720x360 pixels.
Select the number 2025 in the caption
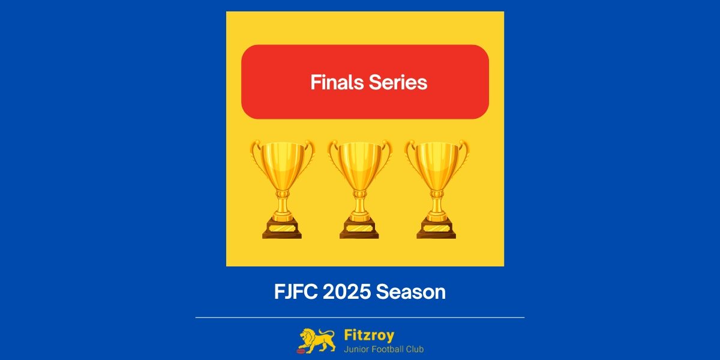(x=348, y=292)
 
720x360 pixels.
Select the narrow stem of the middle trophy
(x=359, y=201)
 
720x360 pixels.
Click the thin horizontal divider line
(x=360, y=317)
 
